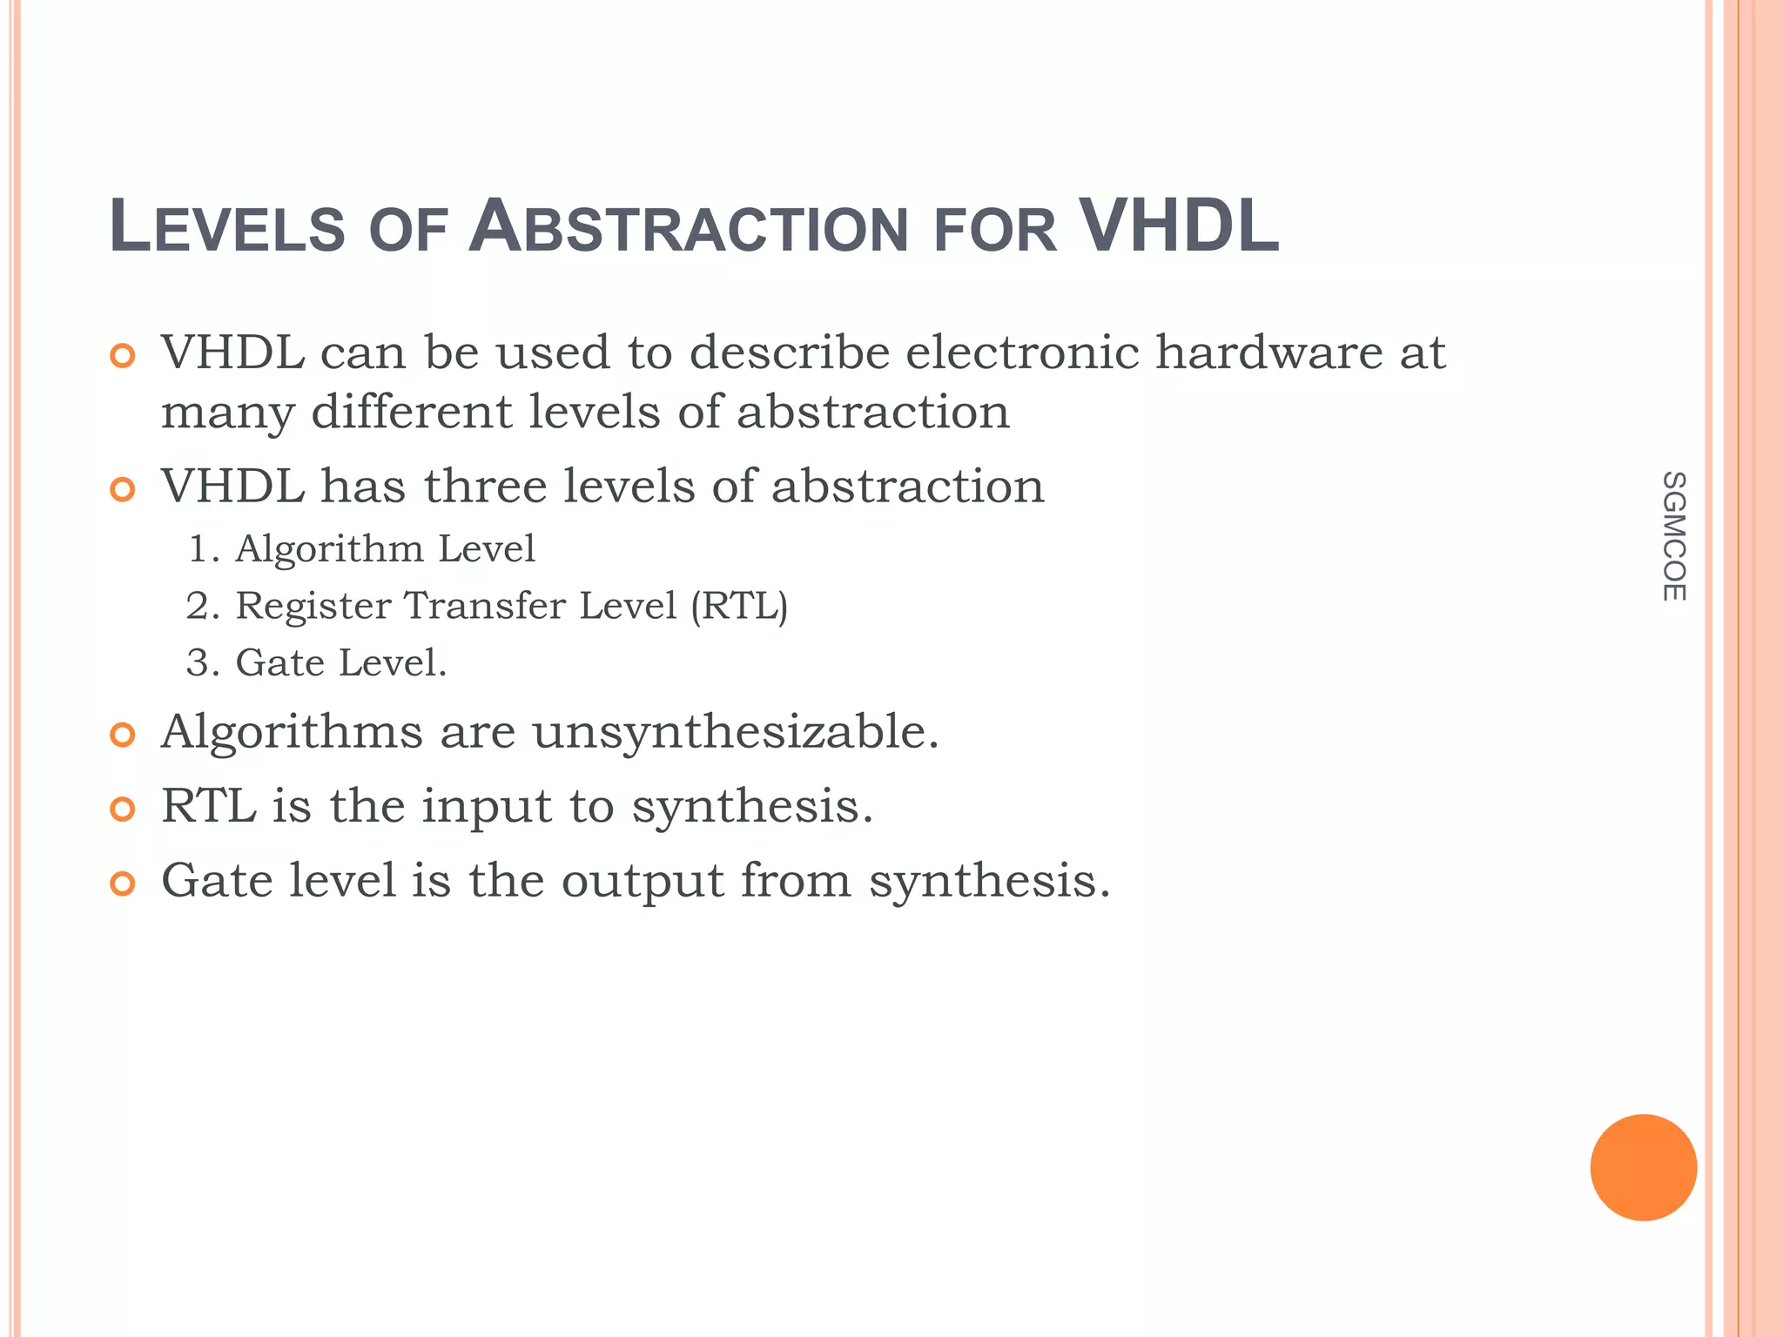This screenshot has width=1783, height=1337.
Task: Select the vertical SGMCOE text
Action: point(1673,536)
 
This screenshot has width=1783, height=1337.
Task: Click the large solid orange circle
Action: point(1643,1167)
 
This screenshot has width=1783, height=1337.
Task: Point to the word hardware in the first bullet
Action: point(1268,353)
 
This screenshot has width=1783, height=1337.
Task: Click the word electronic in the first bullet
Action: point(1022,353)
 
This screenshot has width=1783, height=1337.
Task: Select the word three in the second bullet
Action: point(484,486)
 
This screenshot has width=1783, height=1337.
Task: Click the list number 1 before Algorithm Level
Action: point(198,549)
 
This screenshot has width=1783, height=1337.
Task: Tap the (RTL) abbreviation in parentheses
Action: point(739,606)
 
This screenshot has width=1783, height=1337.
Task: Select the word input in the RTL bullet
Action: point(487,807)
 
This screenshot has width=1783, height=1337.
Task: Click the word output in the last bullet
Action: point(642,881)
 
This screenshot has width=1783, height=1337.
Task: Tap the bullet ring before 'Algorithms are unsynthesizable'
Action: point(123,736)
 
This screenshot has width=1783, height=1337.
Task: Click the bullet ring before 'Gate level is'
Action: point(123,884)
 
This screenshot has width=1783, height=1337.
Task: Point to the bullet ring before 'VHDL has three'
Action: point(123,490)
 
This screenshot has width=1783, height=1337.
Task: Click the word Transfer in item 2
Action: point(485,606)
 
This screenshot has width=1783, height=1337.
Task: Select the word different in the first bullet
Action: point(411,412)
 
